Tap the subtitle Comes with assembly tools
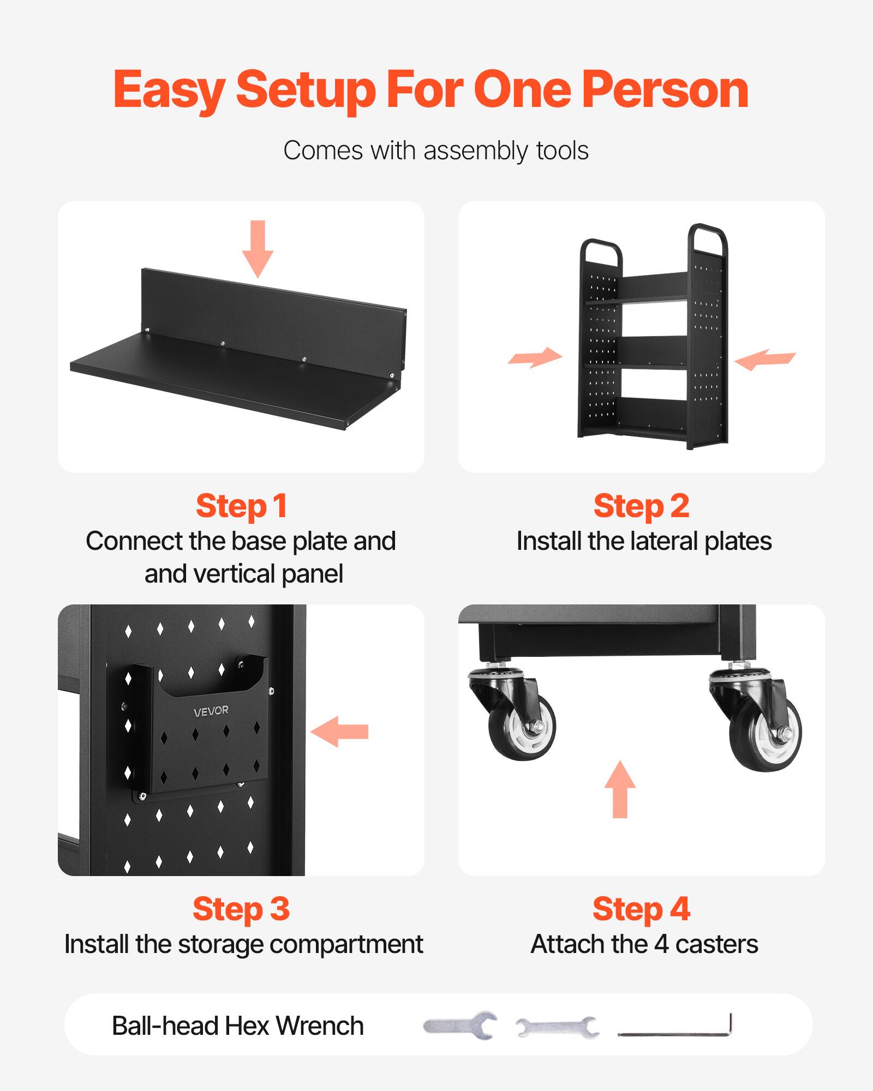pyautogui.click(x=435, y=151)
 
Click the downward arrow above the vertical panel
pyautogui.click(x=258, y=248)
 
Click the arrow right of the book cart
pyautogui.click(x=765, y=359)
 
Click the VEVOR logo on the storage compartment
pyautogui.click(x=211, y=711)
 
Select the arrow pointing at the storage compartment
pyautogui.click(x=340, y=732)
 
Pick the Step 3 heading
pyautogui.click(x=241, y=909)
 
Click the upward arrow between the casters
pyautogui.click(x=620, y=789)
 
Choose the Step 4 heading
pyautogui.click(x=641, y=909)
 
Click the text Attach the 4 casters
pyautogui.click(x=644, y=944)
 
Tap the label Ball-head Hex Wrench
pyautogui.click(x=238, y=1026)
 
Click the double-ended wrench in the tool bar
pyautogui.click(x=557, y=1027)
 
